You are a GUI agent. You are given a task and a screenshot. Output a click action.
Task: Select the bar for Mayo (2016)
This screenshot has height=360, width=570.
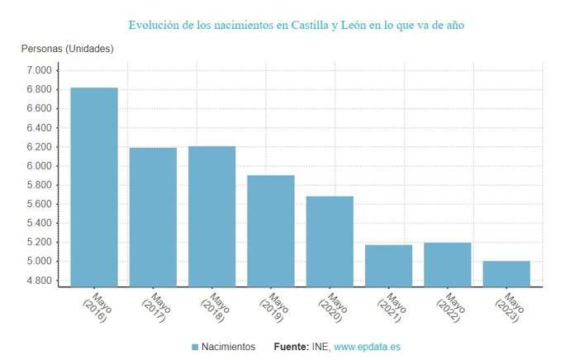pyautogui.click(x=93, y=187)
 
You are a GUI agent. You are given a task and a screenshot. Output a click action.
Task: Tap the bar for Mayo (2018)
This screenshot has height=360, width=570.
pyautogui.click(x=211, y=216)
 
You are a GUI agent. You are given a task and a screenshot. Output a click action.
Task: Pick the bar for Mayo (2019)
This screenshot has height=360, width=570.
pyautogui.click(x=271, y=230)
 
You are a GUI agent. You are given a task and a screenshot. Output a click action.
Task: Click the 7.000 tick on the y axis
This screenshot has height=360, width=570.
pyautogui.click(x=39, y=70)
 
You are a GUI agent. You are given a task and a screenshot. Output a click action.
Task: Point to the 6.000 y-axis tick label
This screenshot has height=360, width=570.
pyautogui.click(x=39, y=166)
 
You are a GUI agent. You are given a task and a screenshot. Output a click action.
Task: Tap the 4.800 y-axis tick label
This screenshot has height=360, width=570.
pyautogui.click(x=39, y=281)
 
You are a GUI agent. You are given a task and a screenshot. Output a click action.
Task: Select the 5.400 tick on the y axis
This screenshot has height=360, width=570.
pyautogui.click(x=39, y=223)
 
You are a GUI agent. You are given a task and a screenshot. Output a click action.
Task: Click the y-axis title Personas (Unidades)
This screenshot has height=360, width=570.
pyautogui.click(x=68, y=49)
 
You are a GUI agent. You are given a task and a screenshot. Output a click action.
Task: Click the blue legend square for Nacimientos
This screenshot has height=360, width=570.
pyautogui.click(x=195, y=347)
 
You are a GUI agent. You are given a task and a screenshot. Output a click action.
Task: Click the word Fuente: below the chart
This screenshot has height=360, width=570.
pyautogui.click(x=292, y=347)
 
